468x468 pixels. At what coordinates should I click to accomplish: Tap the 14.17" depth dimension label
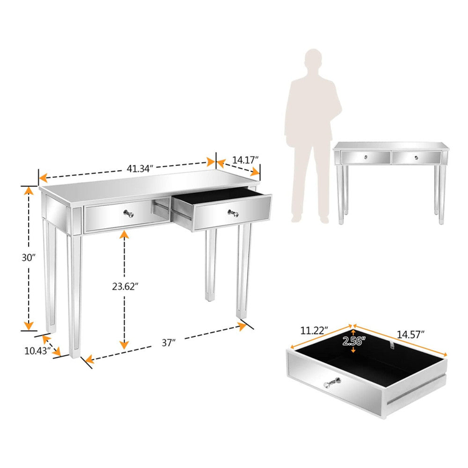[x=245, y=160]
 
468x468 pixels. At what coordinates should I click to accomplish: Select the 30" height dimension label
[x=29, y=258]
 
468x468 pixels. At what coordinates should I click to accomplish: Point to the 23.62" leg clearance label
[x=125, y=286]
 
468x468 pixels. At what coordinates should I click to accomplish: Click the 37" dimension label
[x=168, y=343]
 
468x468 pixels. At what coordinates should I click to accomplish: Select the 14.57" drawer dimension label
[x=411, y=334]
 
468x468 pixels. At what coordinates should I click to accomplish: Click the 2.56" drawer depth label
[x=354, y=341]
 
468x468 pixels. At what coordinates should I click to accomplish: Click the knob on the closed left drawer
[x=129, y=213]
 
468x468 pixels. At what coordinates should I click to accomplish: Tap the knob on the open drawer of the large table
[x=233, y=213]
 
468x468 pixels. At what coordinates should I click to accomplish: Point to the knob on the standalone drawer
[x=333, y=383]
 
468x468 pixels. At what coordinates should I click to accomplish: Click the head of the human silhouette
[x=313, y=60]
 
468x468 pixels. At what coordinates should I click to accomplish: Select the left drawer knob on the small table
[x=366, y=157]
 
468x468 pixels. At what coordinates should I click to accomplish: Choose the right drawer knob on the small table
[x=416, y=158]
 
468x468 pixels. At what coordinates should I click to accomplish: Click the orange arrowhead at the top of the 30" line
[x=29, y=190]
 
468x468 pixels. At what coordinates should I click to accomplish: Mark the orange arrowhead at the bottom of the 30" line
[x=29, y=326]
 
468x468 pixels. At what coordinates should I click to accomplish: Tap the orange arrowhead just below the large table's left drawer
[x=124, y=235]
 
